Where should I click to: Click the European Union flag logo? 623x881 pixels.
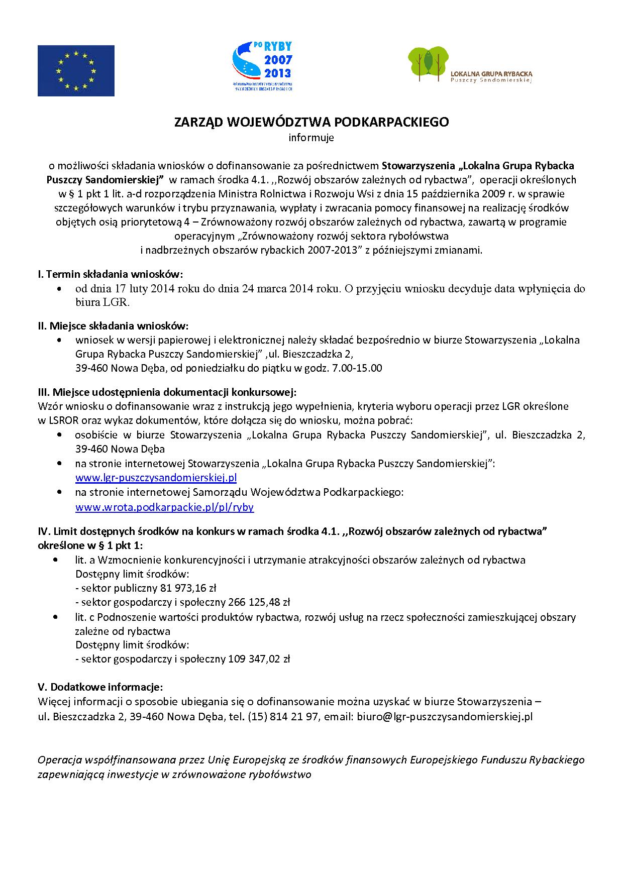(x=76, y=70)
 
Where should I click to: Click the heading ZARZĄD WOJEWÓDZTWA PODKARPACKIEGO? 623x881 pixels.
(x=311, y=123)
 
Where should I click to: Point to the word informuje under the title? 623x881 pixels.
(x=311, y=138)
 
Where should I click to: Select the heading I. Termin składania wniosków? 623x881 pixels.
(x=111, y=274)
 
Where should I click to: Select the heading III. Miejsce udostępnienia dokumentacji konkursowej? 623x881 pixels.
(x=167, y=391)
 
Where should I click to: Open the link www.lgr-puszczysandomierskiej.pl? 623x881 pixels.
(x=156, y=478)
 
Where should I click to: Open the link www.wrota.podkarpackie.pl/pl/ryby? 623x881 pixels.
(x=164, y=507)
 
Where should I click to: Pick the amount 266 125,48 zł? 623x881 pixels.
(x=259, y=602)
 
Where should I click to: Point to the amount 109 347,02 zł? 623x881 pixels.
(x=259, y=659)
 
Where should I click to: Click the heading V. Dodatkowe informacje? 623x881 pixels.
(x=100, y=687)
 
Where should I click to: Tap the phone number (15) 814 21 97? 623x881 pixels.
(x=283, y=716)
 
